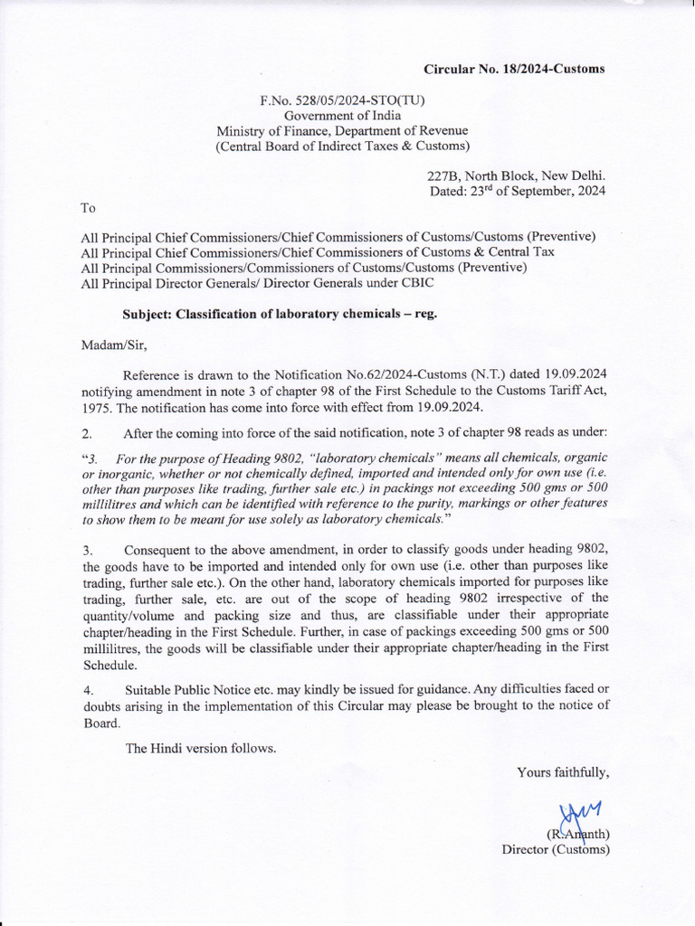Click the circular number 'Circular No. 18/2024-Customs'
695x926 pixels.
click(x=515, y=69)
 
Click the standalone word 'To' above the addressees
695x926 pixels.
click(x=88, y=208)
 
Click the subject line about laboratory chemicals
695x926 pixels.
click(x=281, y=314)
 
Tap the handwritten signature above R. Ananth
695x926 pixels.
click(x=579, y=815)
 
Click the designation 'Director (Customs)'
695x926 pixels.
click(x=556, y=849)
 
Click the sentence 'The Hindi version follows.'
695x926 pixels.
click(x=200, y=748)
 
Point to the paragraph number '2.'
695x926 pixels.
click(x=87, y=433)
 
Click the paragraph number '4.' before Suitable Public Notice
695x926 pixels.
click(x=87, y=691)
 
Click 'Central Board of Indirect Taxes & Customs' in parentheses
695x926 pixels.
click(x=342, y=146)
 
